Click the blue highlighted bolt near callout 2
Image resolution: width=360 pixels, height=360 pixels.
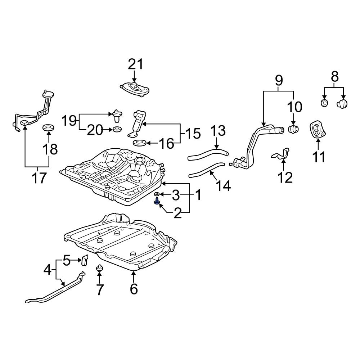(x=157, y=201)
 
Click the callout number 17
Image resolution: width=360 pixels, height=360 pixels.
(x=39, y=178)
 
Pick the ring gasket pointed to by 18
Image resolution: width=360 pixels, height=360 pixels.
(x=49, y=127)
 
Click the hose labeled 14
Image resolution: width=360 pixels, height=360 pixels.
(x=206, y=170)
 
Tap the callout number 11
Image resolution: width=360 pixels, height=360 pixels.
(x=319, y=157)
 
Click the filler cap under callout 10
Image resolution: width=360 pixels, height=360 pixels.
(x=293, y=129)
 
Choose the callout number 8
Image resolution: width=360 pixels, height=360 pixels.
(x=334, y=77)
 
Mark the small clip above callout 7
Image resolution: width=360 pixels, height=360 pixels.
(x=99, y=268)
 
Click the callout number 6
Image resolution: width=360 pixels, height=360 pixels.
(x=134, y=289)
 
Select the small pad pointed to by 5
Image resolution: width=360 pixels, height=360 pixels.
(x=85, y=260)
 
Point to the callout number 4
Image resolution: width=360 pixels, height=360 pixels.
(x=48, y=270)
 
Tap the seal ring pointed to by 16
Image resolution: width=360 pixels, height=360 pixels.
(x=140, y=143)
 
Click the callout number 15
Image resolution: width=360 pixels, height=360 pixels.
(x=193, y=134)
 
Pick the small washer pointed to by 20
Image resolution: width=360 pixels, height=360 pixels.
(x=117, y=130)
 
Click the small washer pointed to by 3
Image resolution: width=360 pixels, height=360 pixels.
(x=157, y=194)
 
